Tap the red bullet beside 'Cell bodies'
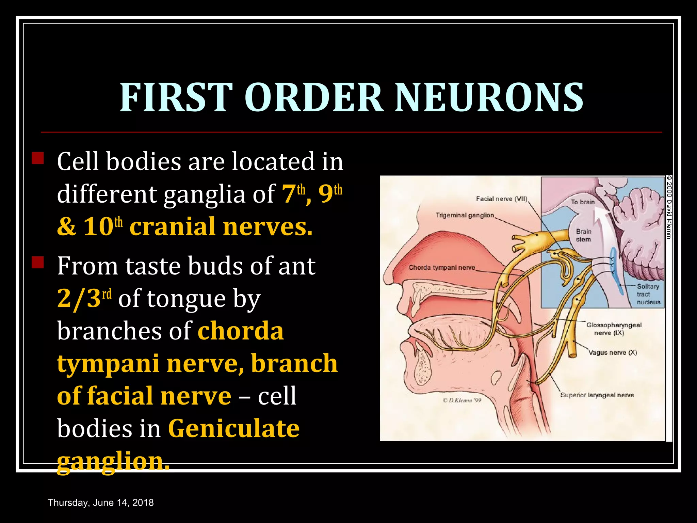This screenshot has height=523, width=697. click(x=38, y=158)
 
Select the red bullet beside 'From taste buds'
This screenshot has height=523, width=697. click(x=38, y=263)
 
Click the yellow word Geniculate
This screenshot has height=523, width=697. click(x=234, y=428)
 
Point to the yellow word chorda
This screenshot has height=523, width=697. click(x=241, y=331)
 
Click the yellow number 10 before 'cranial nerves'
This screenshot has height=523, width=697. click(x=98, y=227)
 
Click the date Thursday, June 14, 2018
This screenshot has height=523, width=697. click(x=101, y=503)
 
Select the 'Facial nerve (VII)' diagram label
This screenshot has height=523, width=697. click(x=501, y=199)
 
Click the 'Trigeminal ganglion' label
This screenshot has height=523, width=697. click(x=465, y=215)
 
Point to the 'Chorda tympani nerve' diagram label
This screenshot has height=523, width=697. click(x=442, y=268)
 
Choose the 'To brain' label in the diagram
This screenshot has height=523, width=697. click(x=583, y=202)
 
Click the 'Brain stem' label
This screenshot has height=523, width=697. click(x=584, y=235)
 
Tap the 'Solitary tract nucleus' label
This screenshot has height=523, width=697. click(x=648, y=294)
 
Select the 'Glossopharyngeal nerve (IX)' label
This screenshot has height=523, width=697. click(x=614, y=329)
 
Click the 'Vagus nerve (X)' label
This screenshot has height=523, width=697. click(x=613, y=352)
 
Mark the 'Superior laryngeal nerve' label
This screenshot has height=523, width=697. click(x=597, y=395)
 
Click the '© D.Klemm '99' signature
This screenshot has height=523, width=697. click(x=462, y=400)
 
